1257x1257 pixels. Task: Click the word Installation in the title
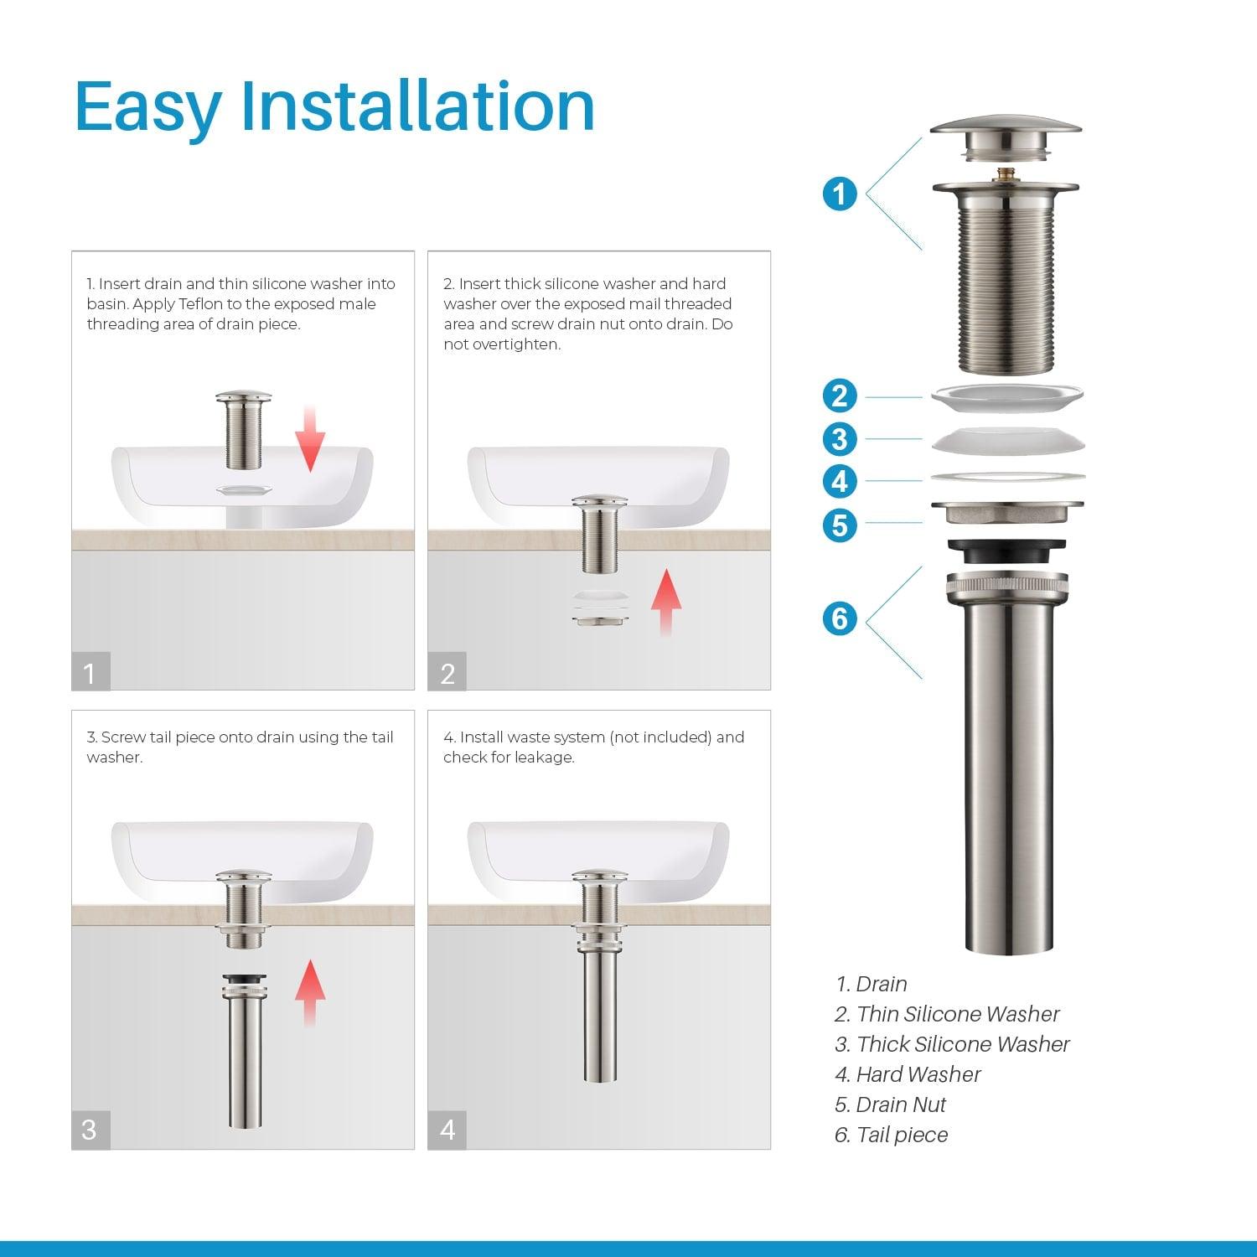tap(417, 106)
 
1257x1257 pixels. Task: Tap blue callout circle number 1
tap(840, 194)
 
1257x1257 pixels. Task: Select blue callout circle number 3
tap(840, 439)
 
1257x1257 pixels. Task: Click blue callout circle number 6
tap(840, 619)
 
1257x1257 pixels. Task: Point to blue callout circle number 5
tap(840, 525)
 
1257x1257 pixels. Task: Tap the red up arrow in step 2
tap(666, 601)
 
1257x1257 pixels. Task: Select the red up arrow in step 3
tap(310, 992)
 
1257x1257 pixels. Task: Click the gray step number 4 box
tap(447, 1130)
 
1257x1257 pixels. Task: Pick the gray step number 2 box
tap(447, 672)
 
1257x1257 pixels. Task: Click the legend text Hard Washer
tap(918, 1074)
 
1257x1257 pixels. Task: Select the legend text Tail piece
tap(902, 1135)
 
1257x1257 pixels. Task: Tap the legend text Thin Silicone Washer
tap(958, 1014)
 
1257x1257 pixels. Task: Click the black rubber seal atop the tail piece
tap(1006, 551)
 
